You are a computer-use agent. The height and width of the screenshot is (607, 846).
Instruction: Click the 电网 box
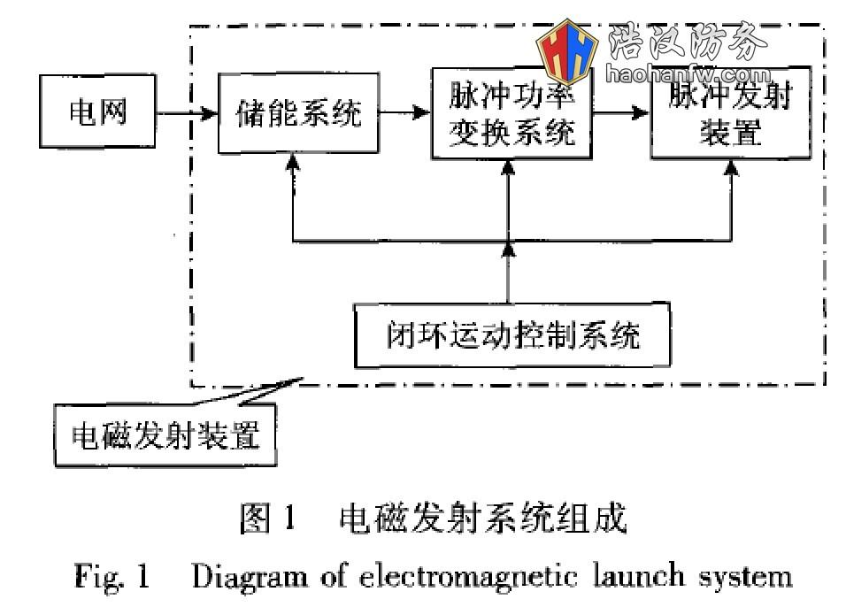point(97,113)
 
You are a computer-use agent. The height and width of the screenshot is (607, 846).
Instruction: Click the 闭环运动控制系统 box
point(511,336)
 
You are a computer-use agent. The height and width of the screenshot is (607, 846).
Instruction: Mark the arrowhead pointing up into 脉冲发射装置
point(733,166)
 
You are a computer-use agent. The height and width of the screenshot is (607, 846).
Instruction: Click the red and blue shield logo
point(569,53)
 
